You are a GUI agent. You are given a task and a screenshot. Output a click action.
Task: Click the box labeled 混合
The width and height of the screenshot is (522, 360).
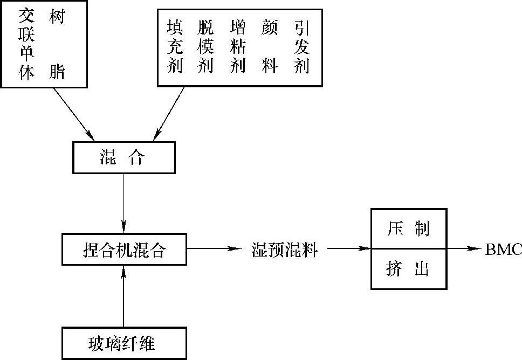[123, 157]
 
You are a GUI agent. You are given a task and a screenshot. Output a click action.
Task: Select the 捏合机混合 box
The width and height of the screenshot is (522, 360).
[125, 250]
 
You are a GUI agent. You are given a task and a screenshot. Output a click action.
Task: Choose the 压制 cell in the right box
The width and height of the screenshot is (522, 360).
[408, 229]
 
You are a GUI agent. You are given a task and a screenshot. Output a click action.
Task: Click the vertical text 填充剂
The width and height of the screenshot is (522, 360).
[175, 48]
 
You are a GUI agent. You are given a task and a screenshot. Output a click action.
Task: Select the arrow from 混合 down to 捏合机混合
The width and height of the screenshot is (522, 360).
[125, 202]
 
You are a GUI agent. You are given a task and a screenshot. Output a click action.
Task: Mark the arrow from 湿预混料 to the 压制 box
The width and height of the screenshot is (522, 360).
[348, 249]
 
